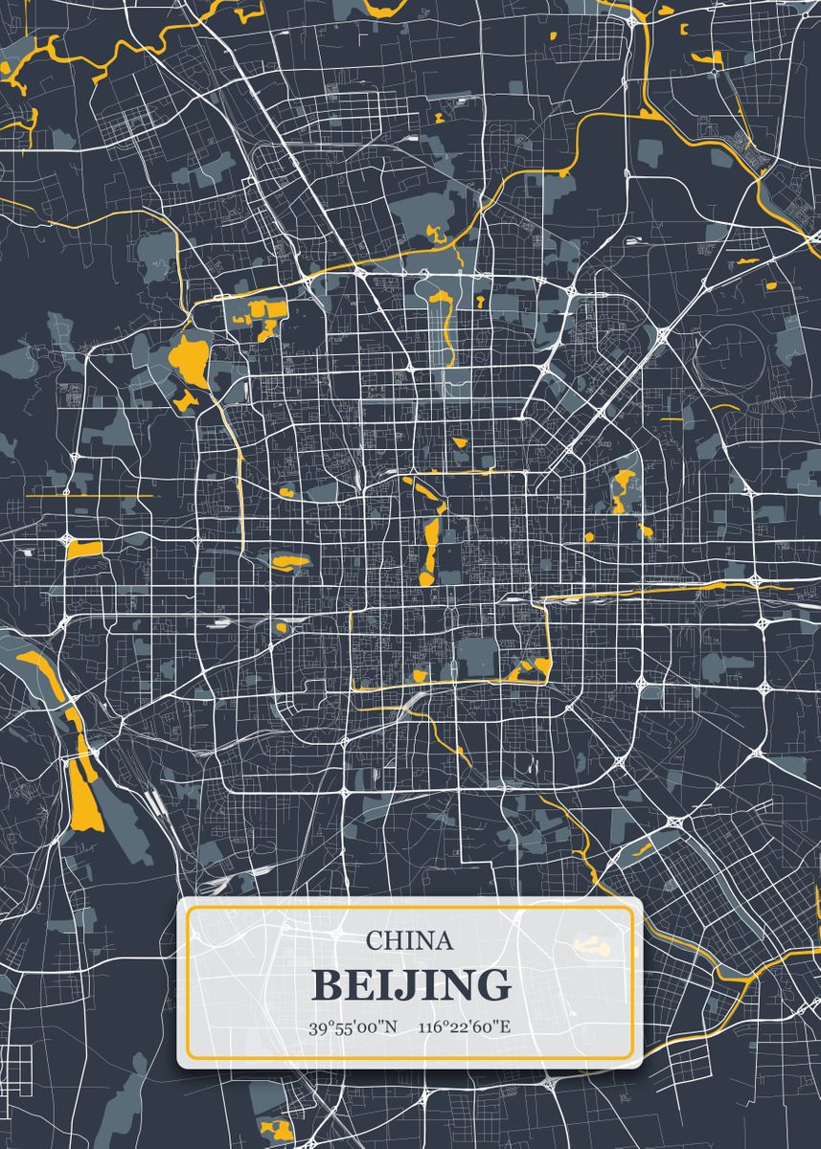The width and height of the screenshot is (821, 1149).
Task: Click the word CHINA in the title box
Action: click(x=409, y=940)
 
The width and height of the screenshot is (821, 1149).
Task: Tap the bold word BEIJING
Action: click(x=411, y=984)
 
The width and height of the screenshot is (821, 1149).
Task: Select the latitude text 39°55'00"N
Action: click(x=352, y=1028)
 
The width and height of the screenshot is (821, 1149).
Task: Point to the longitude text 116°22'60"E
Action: click(x=465, y=1028)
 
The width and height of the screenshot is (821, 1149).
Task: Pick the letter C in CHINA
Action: click(x=373, y=940)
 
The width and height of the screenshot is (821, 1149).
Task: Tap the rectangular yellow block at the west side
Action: click(x=84, y=549)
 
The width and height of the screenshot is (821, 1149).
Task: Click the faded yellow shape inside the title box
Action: click(x=591, y=946)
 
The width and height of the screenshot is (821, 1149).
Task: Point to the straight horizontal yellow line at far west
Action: click(x=90, y=496)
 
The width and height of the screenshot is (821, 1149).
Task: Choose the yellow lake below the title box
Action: click(x=276, y=1129)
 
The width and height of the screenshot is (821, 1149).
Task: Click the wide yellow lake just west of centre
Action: click(x=289, y=561)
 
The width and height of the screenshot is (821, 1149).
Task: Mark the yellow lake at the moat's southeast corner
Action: click(x=528, y=670)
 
